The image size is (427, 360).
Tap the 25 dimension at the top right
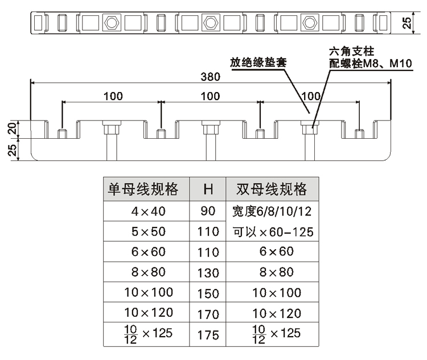pos(406,23)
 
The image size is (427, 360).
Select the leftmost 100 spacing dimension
pos(113,96)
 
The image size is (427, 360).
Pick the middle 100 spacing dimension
pos(210,96)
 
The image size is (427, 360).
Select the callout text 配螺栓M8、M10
pos(369,63)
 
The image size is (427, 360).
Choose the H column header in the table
pos(208,190)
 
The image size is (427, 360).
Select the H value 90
pos(208,212)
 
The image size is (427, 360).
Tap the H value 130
pos(208,272)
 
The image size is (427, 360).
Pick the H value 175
pos(208,334)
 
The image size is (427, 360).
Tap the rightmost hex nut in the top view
pos(309,23)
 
